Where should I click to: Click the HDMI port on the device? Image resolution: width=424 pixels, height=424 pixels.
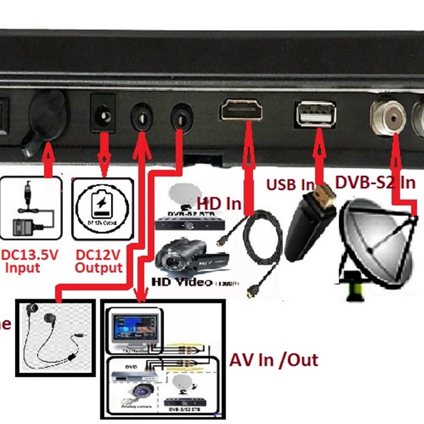[x=242, y=111]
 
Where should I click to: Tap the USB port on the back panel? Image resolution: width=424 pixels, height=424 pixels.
[x=316, y=113]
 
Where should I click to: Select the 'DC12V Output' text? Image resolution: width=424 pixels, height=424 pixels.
[x=99, y=261]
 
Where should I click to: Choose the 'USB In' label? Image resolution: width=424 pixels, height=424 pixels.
[x=290, y=185]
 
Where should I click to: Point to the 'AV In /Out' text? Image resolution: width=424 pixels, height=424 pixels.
[x=273, y=360]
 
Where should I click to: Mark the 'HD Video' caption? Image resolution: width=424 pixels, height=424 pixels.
[x=182, y=282]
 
